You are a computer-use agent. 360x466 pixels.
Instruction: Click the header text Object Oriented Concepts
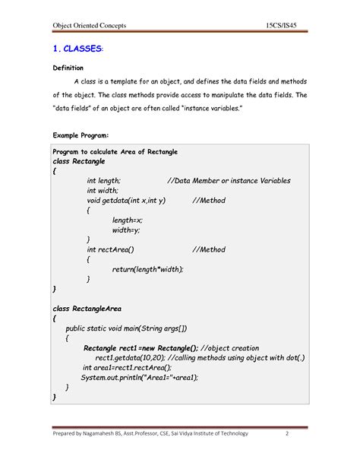[88, 27]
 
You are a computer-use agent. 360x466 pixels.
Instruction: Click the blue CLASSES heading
[81, 49]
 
